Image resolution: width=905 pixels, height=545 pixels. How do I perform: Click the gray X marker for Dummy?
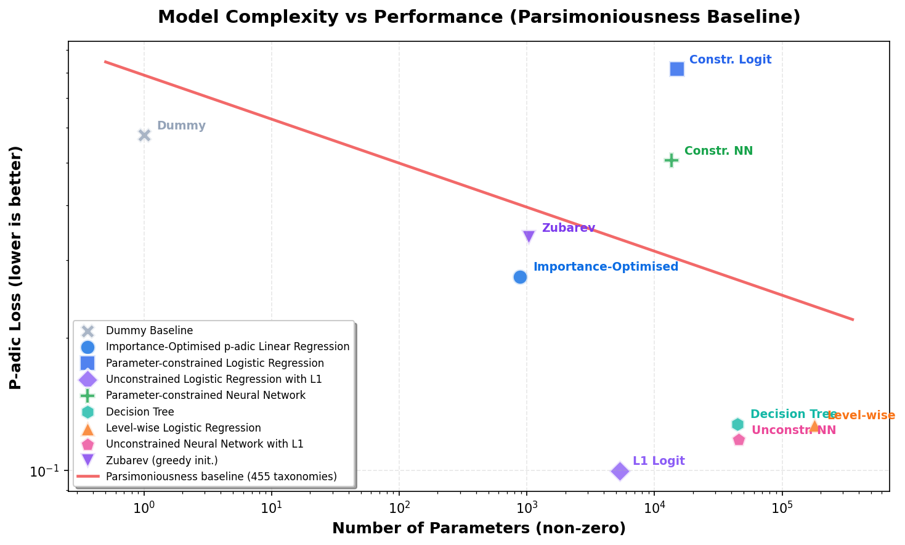pyautogui.click(x=144, y=135)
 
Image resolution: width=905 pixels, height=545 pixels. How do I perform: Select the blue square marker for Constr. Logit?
pyautogui.click(x=676, y=69)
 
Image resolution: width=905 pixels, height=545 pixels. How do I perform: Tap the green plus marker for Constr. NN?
pyautogui.click(x=671, y=160)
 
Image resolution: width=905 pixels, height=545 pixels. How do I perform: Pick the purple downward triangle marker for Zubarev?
pyautogui.click(x=529, y=237)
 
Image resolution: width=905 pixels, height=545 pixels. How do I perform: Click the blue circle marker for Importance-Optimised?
pyautogui.click(x=520, y=277)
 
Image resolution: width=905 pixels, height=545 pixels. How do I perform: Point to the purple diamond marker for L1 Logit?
pyautogui.click(x=620, y=471)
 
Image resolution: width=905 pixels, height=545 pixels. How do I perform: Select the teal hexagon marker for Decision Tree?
pyautogui.click(x=737, y=424)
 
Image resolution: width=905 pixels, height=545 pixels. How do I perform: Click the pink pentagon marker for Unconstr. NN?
pyautogui.click(x=739, y=440)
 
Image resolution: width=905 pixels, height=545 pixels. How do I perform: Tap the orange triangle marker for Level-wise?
pyautogui.click(x=814, y=425)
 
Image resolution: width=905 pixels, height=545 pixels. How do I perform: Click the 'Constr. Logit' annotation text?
pyautogui.click(x=730, y=60)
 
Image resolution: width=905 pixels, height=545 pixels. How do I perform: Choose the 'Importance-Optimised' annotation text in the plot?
pyautogui.click(x=606, y=267)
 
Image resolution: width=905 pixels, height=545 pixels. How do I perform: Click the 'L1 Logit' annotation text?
pyautogui.click(x=659, y=461)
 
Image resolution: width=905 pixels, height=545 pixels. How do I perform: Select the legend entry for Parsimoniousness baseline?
pyautogui.click(x=221, y=477)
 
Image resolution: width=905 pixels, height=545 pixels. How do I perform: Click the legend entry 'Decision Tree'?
pyautogui.click(x=140, y=412)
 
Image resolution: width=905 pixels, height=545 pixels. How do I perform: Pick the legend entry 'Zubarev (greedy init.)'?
pyautogui.click(x=161, y=461)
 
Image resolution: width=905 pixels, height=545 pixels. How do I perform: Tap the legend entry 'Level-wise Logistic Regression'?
pyautogui.click(x=183, y=428)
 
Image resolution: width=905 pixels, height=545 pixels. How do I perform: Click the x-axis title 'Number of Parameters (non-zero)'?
pyautogui.click(x=479, y=528)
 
